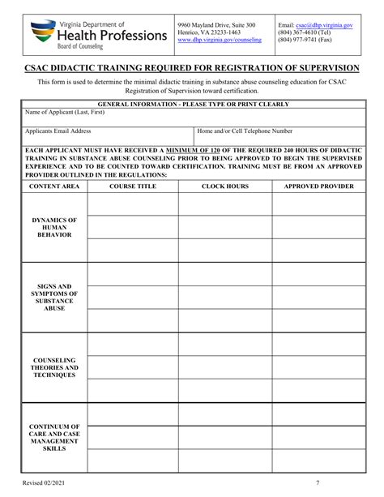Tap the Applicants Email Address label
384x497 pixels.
tap(58, 131)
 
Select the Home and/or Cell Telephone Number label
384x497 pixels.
tap(245, 131)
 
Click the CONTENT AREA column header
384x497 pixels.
tap(54, 186)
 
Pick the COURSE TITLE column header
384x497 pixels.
tap(133, 186)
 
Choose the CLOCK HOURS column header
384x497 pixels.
tap(225, 186)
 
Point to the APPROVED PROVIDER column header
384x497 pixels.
tap(318, 186)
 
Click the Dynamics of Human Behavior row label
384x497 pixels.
tap(54, 228)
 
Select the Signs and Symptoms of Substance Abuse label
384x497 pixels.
tap(54, 298)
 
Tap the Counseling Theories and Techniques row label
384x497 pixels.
tap(54, 367)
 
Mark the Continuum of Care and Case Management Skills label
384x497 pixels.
tap(54, 437)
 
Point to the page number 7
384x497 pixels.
tap(318, 484)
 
